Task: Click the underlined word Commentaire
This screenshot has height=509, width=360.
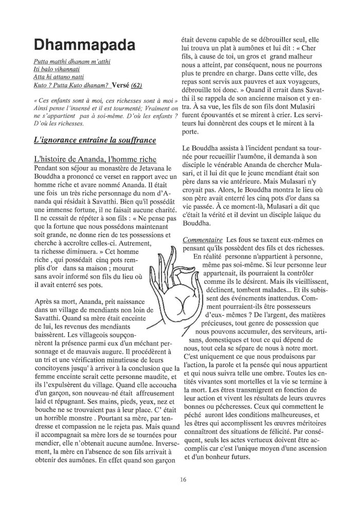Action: (202, 240)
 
